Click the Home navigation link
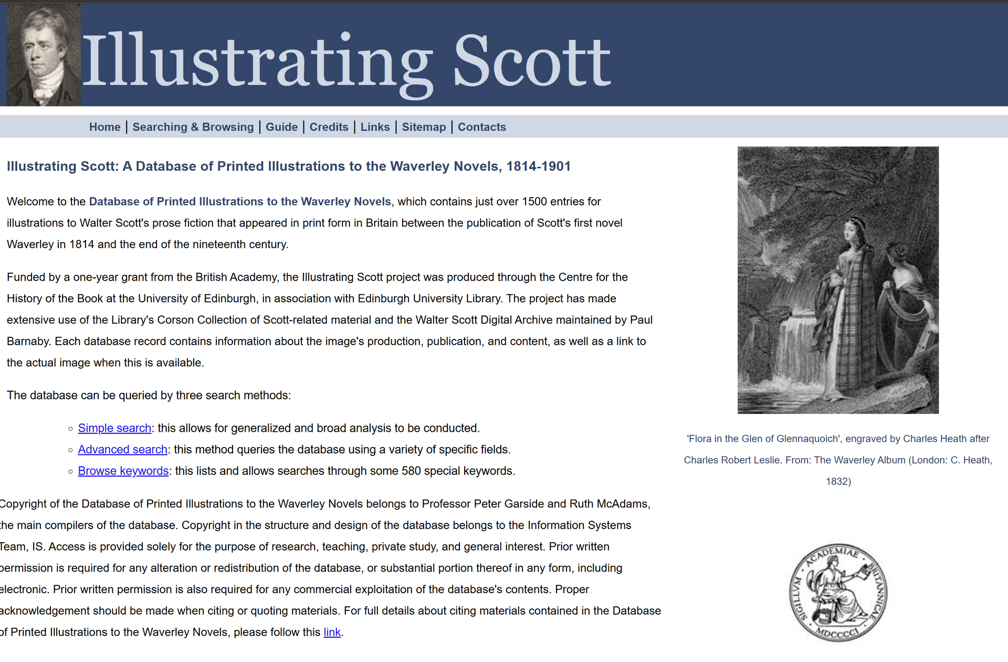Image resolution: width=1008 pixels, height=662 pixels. [x=104, y=127]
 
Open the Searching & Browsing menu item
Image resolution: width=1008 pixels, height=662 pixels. [x=193, y=127]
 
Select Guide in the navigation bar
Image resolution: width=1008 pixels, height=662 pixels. [x=281, y=127]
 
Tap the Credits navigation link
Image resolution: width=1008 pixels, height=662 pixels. [x=329, y=127]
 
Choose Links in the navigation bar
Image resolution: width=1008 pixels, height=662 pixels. [x=375, y=127]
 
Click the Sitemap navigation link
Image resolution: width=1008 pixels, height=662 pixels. [x=424, y=127]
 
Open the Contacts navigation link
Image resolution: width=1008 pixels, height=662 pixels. [x=481, y=127]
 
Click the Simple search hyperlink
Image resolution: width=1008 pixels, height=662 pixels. [x=114, y=428]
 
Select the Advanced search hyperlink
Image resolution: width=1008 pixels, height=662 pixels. [x=122, y=450]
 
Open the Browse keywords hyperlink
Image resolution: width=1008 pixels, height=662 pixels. [x=123, y=471]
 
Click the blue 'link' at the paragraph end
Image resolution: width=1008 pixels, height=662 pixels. [x=332, y=633]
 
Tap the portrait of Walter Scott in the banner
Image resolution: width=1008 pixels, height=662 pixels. [x=44, y=55]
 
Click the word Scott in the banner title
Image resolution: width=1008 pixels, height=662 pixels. [x=532, y=62]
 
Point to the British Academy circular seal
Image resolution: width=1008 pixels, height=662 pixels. [x=838, y=593]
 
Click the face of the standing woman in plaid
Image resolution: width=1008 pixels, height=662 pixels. [x=849, y=230]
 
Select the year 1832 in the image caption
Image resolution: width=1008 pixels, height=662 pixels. [x=838, y=482]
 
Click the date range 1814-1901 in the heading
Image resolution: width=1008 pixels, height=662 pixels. [x=538, y=167]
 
